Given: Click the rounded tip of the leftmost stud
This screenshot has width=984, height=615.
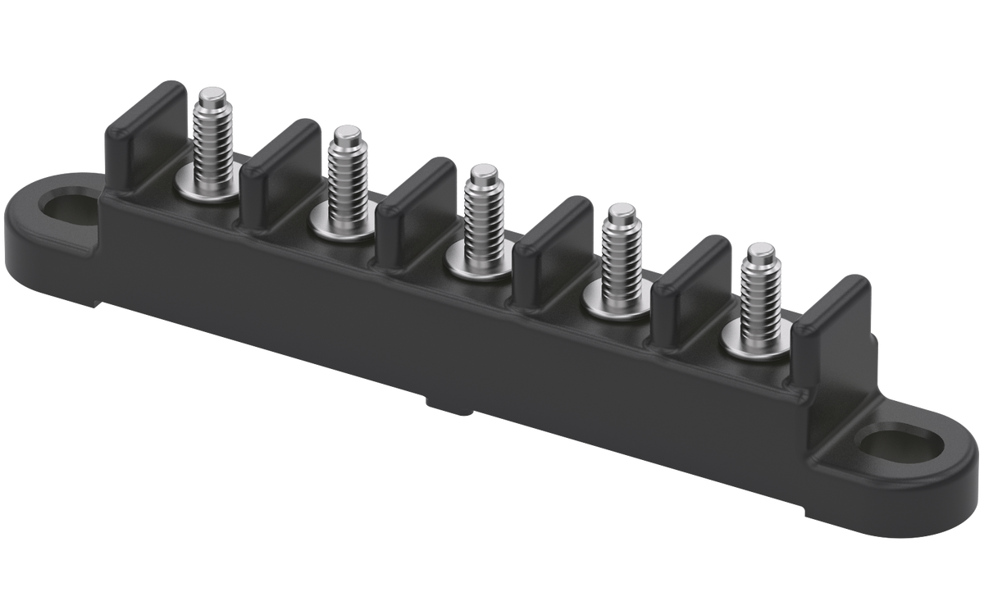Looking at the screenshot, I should click(x=215, y=92).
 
